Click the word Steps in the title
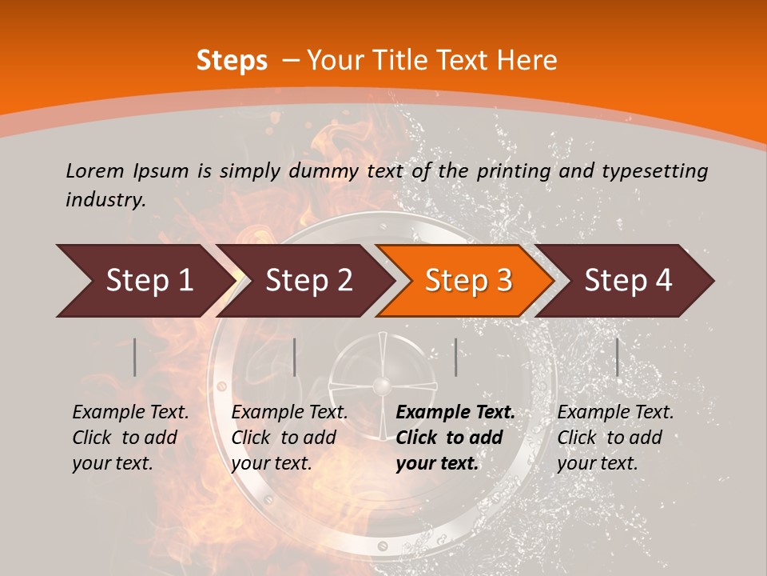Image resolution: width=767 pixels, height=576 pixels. [x=232, y=60]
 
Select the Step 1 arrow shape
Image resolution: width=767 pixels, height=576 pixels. [x=144, y=281]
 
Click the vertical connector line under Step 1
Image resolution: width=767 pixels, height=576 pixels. [x=135, y=357]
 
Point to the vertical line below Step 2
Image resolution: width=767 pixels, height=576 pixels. [x=295, y=357]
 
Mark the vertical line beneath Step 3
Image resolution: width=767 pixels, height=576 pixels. [x=455, y=357]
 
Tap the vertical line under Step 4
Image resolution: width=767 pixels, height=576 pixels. [x=617, y=357]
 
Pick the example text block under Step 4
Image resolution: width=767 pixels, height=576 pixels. [x=615, y=438]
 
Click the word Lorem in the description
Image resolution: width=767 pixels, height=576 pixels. [x=94, y=170]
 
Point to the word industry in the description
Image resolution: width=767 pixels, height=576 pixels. [x=105, y=200]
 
